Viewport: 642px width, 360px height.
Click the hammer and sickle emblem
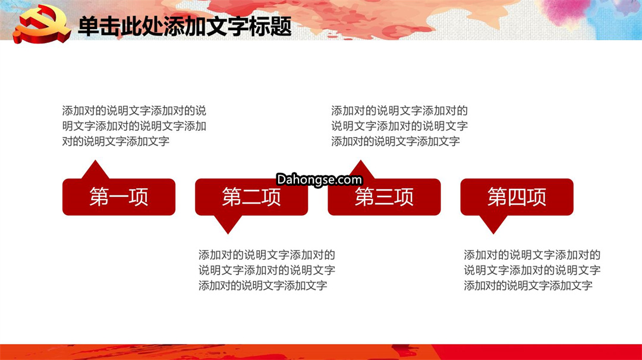[x=42, y=24]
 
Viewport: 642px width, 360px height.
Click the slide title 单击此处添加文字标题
[x=185, y=27]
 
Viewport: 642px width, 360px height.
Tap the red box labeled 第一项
[x=119, y=197]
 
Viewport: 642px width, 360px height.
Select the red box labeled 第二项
[x=251, y=197]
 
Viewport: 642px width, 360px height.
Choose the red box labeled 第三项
[x=384, y=197]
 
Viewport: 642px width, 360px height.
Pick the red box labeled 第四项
[x=517, y=197]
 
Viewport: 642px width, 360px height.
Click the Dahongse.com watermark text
[x=319, y=179]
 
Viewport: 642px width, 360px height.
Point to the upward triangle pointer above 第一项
[x=95, y=170]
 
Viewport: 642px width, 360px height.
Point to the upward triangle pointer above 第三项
[x=361, y=169]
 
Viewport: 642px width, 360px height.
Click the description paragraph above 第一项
[x=134, y=126]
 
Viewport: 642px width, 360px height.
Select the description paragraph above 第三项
[x=399, y=126]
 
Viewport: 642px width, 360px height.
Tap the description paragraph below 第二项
[x=267, y=270]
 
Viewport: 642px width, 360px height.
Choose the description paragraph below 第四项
[x=532, y=270]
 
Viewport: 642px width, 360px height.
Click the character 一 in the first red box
[x=119, y=197]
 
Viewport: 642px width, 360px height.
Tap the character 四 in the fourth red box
[x=517, y=197]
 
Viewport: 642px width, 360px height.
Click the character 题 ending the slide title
[x=281, y=27]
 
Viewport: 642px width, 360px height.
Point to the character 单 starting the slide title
[x=89, y=27]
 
